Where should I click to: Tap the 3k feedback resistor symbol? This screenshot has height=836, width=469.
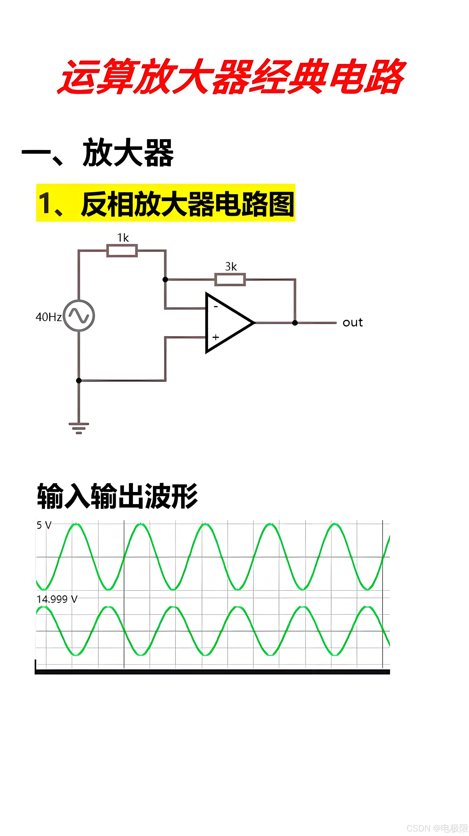pyautogui.click(x=230, y=279)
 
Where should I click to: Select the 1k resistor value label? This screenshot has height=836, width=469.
pyautogui.click(x=123, y=238)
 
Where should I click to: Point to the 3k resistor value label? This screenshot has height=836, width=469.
pyautogui.click(x=231, y=267)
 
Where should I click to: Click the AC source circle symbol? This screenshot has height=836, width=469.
pyautogui.click(x=79, y=315)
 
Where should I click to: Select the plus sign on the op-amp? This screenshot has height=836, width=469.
pyautogui.click(x=216, y=337)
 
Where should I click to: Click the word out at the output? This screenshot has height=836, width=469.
pyautogui.click(x=353, y=323)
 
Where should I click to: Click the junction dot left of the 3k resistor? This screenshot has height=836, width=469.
pyautogui.click(x=165, y=279)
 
